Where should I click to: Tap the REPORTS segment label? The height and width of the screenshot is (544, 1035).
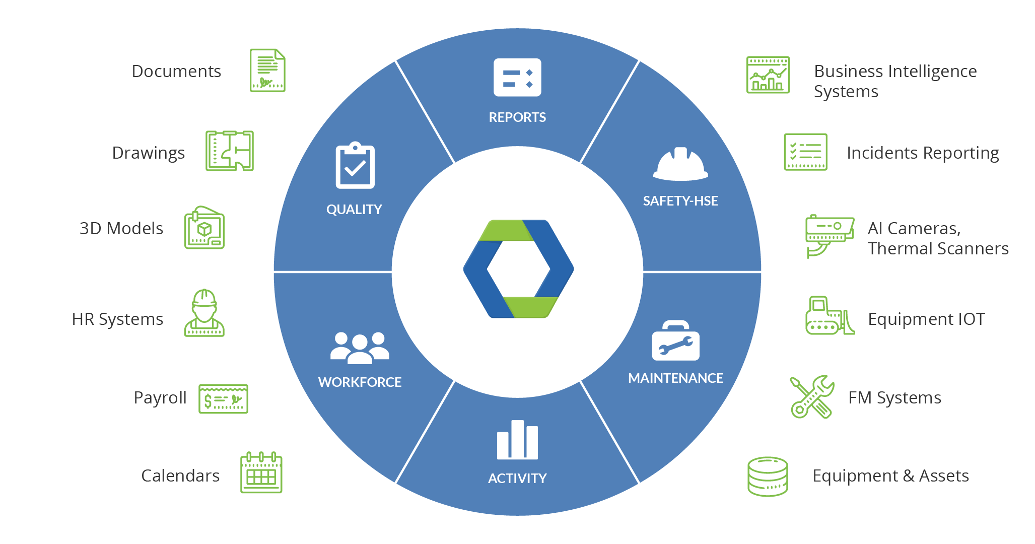(517, 117)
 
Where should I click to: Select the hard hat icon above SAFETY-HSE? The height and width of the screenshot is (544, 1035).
(680, 164)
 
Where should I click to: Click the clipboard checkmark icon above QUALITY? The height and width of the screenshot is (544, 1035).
(355, 165)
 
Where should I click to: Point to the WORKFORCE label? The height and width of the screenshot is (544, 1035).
(360, 382)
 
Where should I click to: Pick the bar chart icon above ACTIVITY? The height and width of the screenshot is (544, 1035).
(517, 440)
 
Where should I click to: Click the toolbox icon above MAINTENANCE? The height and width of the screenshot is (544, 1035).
(675, 341)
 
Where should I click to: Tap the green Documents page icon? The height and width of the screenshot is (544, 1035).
(267, 71)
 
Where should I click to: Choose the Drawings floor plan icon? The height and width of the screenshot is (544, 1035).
(229, 151)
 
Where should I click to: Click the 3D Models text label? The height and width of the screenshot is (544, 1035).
(121, 229)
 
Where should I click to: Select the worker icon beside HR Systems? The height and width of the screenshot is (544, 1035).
(204, 313)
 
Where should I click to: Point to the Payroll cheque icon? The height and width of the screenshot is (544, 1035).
(223, 399)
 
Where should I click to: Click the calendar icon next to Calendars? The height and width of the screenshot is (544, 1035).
(261, 472)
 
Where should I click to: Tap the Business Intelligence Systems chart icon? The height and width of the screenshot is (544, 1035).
(768, 75)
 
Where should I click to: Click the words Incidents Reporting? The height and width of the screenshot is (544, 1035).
(923, 153)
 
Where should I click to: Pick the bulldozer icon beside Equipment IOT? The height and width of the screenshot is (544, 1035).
(830, 316)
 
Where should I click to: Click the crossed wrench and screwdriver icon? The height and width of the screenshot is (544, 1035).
(811, 397)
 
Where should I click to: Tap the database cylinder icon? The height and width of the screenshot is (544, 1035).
(768, 477)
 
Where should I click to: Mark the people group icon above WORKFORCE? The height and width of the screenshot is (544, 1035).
(360, 348)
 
